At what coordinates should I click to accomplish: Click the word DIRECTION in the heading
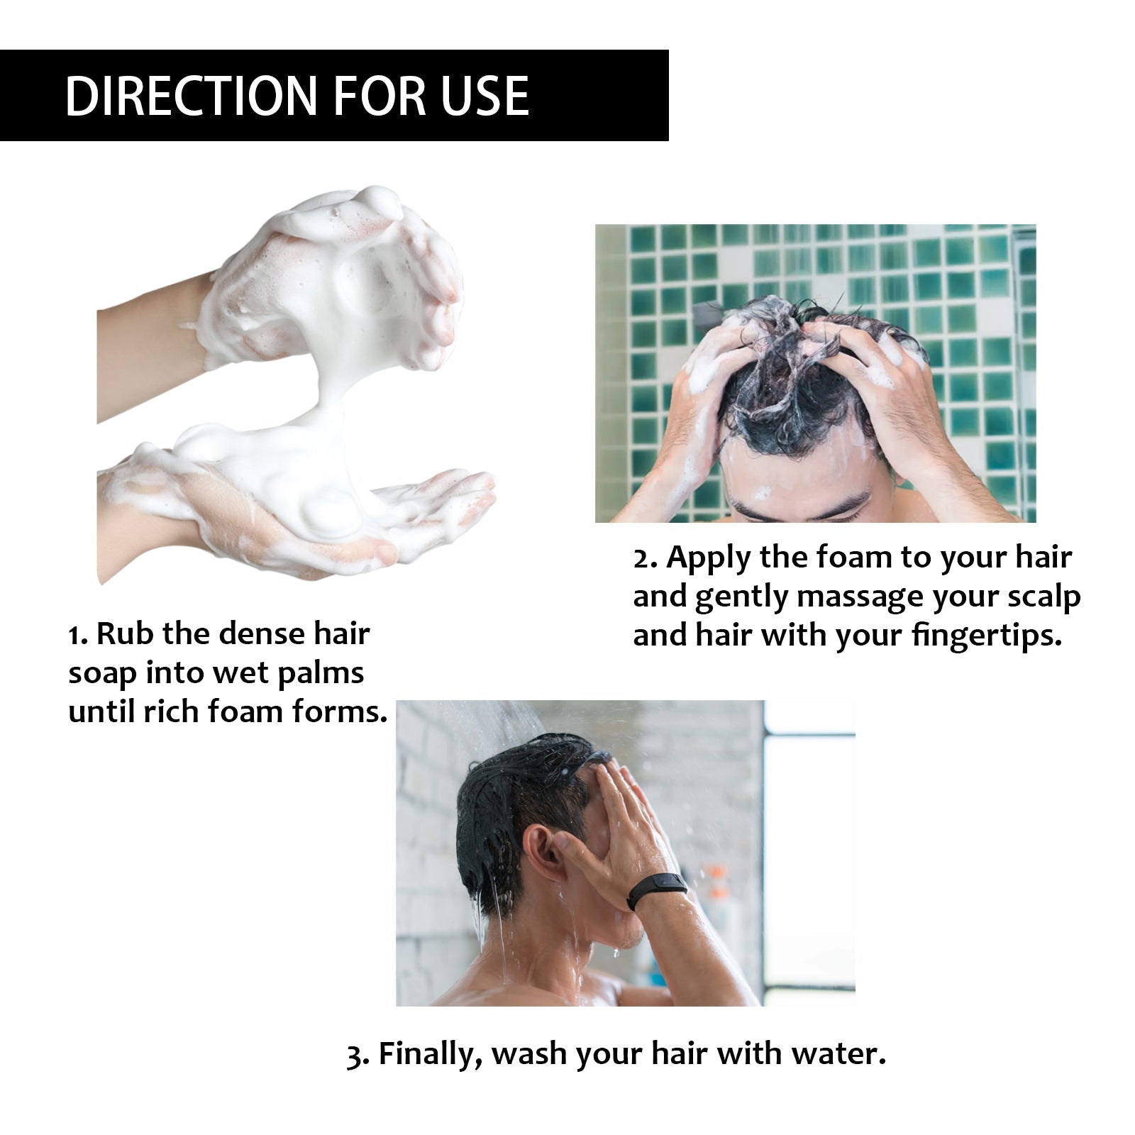click(x=191, y=96)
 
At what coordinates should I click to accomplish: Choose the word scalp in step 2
click(x=1043, y=597)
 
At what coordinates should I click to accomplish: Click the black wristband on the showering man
click(x=656, y=892)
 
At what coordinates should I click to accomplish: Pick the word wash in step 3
click(x=530, y=1054)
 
